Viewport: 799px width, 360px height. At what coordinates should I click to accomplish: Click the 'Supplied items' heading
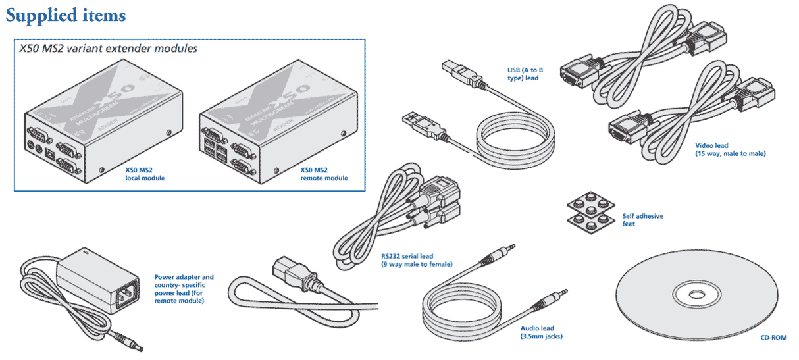(66, 14)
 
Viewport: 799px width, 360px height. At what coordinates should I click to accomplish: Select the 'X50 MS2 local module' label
(145, 174)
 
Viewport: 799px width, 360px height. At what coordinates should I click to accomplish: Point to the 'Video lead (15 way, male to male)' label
(730, 149)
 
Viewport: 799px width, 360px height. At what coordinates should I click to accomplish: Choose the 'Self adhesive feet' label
(642, 219)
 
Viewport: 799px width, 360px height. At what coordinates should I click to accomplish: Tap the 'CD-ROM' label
(773, 338)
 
